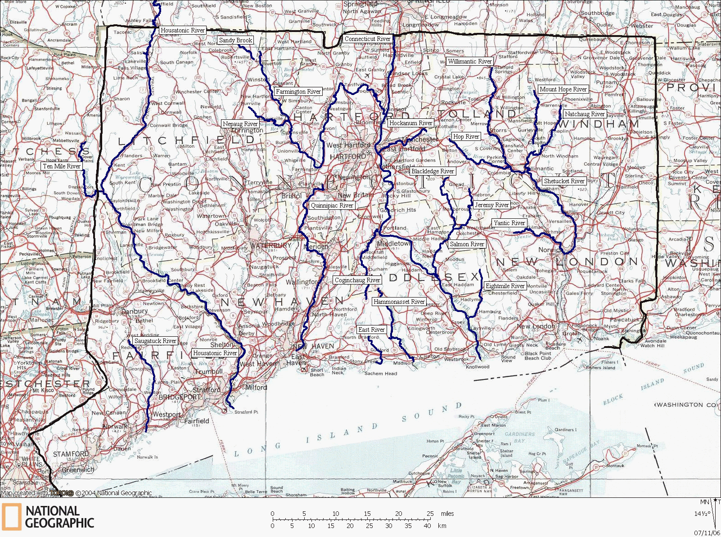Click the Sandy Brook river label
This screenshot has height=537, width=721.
(235, 40)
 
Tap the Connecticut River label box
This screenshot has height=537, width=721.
(367, 39)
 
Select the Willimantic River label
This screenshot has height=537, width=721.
(469, 61)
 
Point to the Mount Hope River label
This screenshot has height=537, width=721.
(563, 89)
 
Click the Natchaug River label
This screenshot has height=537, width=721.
(585, 114)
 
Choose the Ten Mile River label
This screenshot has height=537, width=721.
(62, 166)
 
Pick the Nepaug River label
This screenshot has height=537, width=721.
(240, 124)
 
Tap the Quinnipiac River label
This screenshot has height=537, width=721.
(332, 205)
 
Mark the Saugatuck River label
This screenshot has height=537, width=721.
(155, 341)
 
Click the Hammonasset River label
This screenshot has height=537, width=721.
(399, 302)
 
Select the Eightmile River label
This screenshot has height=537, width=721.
(505, 286)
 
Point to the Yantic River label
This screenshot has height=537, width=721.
(509, 223)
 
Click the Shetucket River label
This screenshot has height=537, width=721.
(564, 181)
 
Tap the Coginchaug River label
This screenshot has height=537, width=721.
(357, 280)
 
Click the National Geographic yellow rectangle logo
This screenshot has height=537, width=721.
(11, 516)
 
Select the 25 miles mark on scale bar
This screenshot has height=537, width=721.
(430, 514)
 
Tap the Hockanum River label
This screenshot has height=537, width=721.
(410, 123)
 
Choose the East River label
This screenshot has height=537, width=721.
(371, 329)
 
